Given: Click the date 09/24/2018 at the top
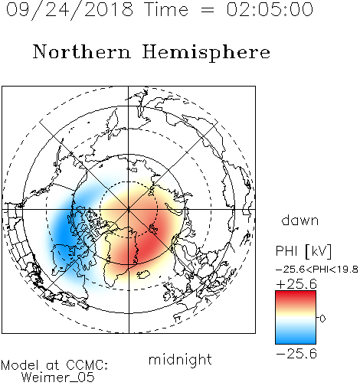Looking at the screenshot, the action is click(x=70, y=10).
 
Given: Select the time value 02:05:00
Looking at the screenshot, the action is click(x=270, y=9).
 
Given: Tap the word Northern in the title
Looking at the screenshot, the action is click(x=82, y=51).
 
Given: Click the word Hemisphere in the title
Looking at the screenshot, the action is click(x=206, y=52).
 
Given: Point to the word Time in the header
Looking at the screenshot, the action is click(x=166, y=9).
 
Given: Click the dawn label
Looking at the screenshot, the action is click(x=300, y=220).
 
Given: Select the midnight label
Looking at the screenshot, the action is click(x=180, y=359).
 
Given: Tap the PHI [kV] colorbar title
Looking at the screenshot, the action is click(x=303, y=251).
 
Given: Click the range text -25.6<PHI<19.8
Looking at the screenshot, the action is click(x=317, y=270).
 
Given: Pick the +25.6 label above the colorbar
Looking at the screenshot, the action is click(x=296, y=284).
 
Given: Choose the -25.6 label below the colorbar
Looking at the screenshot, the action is click(x=296, y=354).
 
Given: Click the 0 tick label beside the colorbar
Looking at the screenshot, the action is click(x=322, y=319).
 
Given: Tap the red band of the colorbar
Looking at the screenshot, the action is click(x=296, y=296).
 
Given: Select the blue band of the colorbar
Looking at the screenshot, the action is click(x=296, y=338).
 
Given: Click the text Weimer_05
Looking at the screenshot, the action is click(x=58, y=377).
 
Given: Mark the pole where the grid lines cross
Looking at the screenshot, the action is click(x=129, y=210).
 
